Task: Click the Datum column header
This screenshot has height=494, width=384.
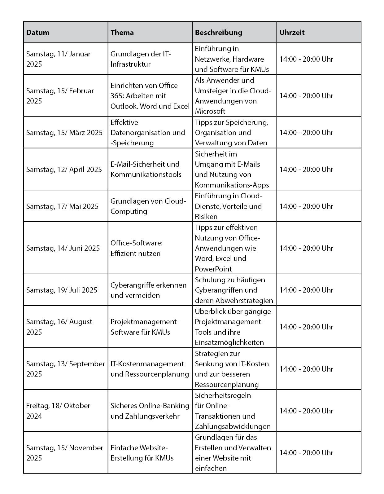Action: coord(38,33)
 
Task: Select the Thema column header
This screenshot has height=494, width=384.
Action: coord(122,33)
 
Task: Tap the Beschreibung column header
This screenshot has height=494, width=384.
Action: coord(218,33)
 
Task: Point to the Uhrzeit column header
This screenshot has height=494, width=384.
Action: coord(292,33)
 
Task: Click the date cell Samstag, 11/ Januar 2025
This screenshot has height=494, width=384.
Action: coord(58,59)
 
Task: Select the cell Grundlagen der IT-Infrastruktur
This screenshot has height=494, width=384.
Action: coord(141,59)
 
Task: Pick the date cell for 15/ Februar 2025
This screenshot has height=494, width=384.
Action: coord(60,96)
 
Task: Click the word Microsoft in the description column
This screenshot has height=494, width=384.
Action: coord(210,111)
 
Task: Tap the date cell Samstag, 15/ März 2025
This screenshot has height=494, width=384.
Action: coord(64,133)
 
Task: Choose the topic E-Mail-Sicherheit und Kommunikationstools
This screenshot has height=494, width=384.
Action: coord(146,169)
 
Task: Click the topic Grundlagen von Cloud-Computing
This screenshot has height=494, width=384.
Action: coord(148,206)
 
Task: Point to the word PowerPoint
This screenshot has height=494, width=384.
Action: coord(213,269)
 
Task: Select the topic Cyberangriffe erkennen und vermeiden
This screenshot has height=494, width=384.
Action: coord(148,290)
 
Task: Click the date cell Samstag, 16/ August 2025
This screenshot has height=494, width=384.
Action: coord(59,327)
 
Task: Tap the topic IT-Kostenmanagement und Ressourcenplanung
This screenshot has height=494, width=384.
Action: coord(150,369)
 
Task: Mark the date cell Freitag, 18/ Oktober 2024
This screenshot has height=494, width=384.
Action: coord(58,411)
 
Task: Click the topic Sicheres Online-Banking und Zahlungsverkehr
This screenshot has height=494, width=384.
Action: coord(150,411)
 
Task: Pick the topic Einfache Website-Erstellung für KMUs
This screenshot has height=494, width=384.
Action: coord(142,453)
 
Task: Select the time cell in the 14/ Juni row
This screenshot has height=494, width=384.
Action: coord(306,248)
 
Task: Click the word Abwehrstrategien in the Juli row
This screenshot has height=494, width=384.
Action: coord(244,301)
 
